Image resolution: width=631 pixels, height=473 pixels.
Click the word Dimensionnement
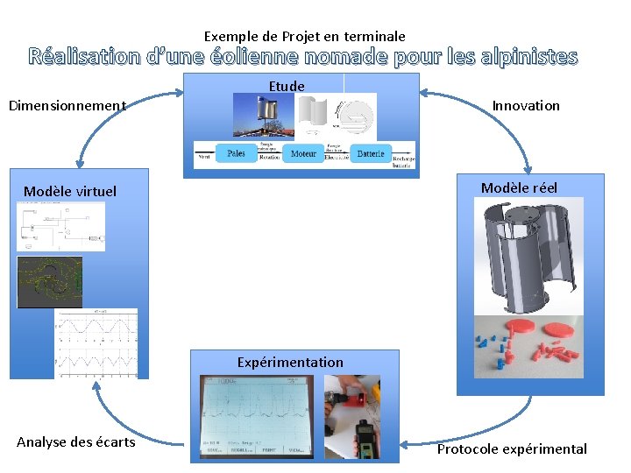pos(67,106)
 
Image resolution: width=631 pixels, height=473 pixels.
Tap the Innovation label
pos(526,106)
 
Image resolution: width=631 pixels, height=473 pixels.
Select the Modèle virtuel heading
pos(70,191)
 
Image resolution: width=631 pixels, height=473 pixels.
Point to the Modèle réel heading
pos(519,188)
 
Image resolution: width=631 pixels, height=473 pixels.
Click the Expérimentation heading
pos(290,362)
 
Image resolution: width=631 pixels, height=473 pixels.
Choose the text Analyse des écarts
pos(76,442)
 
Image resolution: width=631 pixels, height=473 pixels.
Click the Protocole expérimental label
pos(512,449)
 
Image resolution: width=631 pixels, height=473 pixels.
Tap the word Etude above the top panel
pos(287,86)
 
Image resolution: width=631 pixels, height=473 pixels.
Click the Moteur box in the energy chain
pos(303,153)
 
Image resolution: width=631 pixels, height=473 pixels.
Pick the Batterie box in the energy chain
pos(370,153)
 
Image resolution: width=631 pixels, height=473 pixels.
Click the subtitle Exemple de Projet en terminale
pos(305,37)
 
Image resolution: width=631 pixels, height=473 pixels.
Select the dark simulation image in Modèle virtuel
pos(50,282)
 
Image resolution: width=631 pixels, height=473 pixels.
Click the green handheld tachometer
pos(365,439)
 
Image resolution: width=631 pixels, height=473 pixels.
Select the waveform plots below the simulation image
pos(96,342)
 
